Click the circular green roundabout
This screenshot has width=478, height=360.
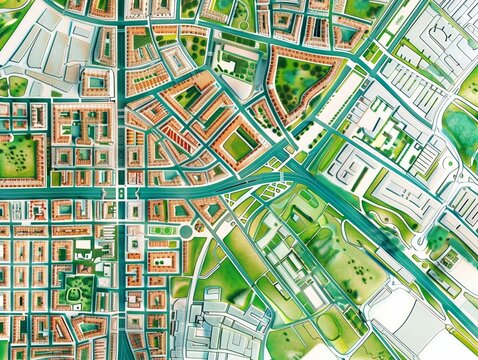tap(185, 232)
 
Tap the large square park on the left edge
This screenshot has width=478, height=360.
tap(19, 158)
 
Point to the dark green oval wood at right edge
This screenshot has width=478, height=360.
tap(462, 131)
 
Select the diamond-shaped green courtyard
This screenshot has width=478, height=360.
tap(237, 146)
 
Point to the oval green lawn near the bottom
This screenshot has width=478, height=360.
tap(330, 325)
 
